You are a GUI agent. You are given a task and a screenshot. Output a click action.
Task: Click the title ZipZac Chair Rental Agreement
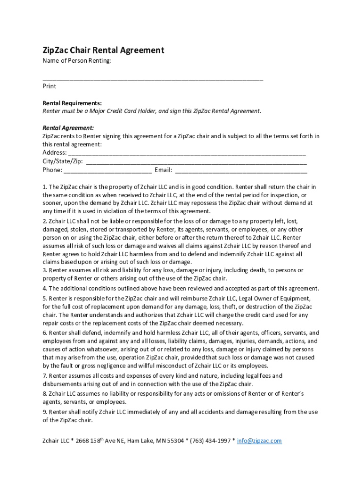[x=103, y=50]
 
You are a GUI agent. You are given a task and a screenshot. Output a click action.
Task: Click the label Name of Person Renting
[x=77, y=61]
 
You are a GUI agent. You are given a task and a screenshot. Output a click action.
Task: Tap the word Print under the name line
[x=49, y=86]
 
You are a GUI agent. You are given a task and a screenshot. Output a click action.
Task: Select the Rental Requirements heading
[x=72, y=103]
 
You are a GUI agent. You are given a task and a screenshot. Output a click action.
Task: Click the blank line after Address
[x=187, y=154]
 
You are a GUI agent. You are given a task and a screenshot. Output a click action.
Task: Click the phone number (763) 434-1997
[x=210, y=441]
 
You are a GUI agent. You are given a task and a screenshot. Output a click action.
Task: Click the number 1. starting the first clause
[x=45, y=187]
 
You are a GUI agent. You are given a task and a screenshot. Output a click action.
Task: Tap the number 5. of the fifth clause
[x=45, y=299]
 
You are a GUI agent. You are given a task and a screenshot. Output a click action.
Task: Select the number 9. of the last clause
[x=45, y=412]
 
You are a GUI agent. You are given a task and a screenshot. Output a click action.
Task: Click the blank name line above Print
[x=153, y=78]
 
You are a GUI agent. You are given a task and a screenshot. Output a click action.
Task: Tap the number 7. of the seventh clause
[x=45, y=376]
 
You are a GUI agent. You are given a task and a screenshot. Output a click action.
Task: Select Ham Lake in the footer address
[x=140, y=441]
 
